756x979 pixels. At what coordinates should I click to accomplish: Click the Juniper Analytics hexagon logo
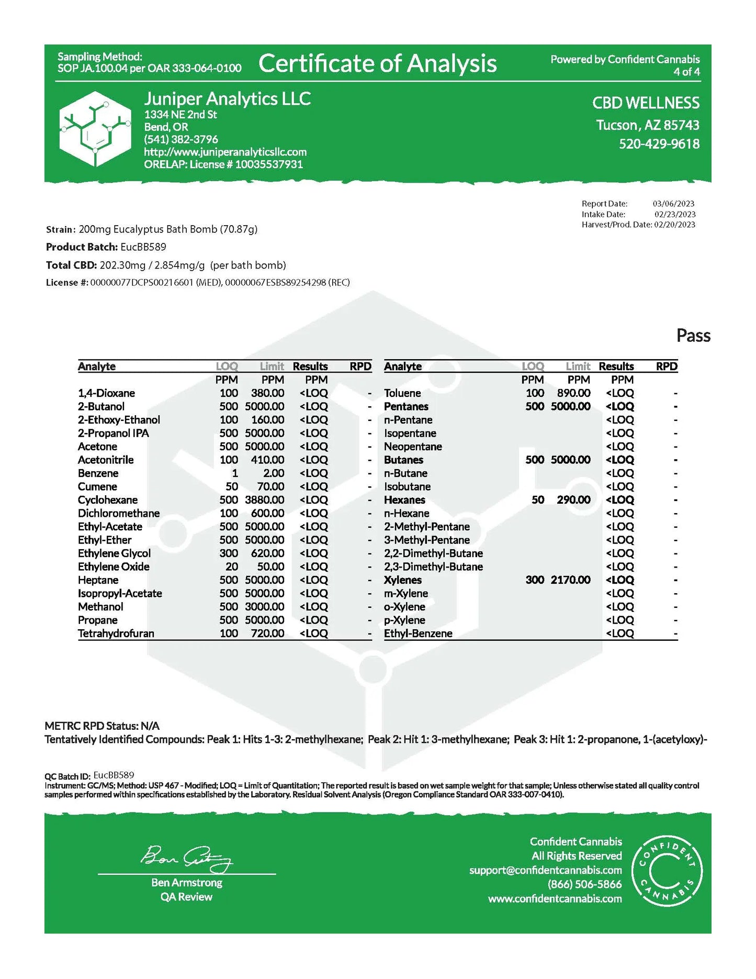[95, 129]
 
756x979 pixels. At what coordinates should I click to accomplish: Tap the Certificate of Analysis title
[377, 63]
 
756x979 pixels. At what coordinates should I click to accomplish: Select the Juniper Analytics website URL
[225, 152]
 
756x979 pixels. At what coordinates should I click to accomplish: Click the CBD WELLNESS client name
[645, 103]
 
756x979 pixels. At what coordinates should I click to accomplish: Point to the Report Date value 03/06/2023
[673, 204]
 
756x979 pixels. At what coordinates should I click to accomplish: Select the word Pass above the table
[693, 336]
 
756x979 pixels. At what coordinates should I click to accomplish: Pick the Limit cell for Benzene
[274, 473]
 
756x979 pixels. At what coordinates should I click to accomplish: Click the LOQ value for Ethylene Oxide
[231, 566]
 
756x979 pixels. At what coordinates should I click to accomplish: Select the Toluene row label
[402, 393]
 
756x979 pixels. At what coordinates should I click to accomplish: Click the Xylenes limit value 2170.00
[570, 580]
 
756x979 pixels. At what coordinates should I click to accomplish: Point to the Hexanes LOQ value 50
[538, 500]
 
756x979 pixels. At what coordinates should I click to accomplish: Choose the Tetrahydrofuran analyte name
[116, 633]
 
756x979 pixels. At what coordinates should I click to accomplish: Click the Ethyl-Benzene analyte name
[418, 633]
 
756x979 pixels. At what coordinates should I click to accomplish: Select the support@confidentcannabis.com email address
[545, 870]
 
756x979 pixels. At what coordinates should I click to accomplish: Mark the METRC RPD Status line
[102, 726]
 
